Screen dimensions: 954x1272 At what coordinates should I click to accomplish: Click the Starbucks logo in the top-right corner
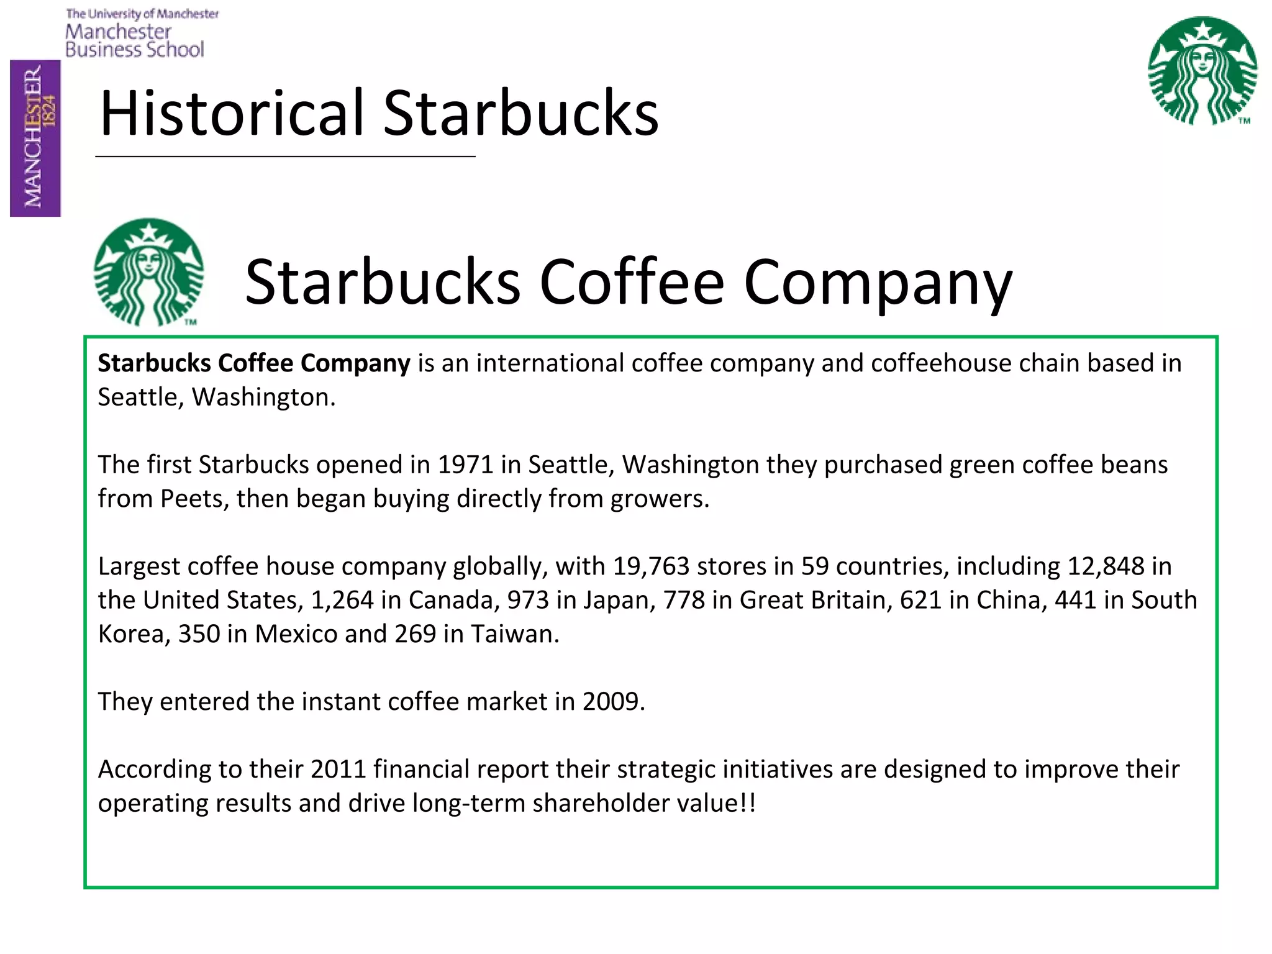point(1202,70)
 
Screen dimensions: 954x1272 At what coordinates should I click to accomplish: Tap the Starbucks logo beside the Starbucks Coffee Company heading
point(148,272)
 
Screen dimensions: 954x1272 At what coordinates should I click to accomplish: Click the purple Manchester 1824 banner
point(35,138)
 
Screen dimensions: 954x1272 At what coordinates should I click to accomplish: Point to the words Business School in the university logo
point(134,50)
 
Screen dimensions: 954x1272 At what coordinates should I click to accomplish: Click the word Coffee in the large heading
point(632,283)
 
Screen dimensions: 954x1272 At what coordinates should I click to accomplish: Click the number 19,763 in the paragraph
point(651,566)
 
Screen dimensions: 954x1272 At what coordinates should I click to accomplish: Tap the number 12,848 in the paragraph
point(1106,566)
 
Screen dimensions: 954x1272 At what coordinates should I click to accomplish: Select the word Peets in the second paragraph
point(191,499)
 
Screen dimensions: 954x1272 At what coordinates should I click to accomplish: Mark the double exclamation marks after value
point(748,803)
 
